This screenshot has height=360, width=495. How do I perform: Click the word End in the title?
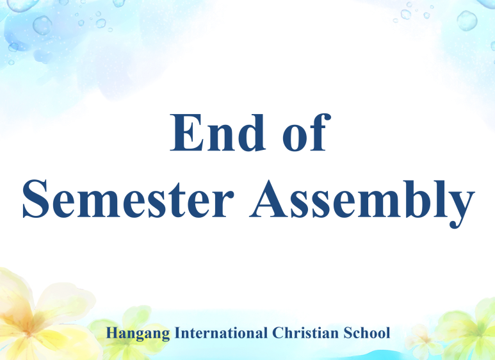coord(218,133)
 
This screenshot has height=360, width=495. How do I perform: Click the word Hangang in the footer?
coord(138,334)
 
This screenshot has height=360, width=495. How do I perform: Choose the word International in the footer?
coord(221,333)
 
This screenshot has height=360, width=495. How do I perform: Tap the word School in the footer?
coord(367,333)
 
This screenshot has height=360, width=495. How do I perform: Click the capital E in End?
coord(186,133)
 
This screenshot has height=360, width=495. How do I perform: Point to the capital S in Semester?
coord(35,199)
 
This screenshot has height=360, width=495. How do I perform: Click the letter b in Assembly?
coord(418,199)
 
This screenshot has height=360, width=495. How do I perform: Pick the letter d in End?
coord(252,133)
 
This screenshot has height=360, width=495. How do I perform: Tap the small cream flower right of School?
coord(421,341)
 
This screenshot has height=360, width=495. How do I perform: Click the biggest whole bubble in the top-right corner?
coord(467,20)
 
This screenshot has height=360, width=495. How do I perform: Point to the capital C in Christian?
coord(277,333)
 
